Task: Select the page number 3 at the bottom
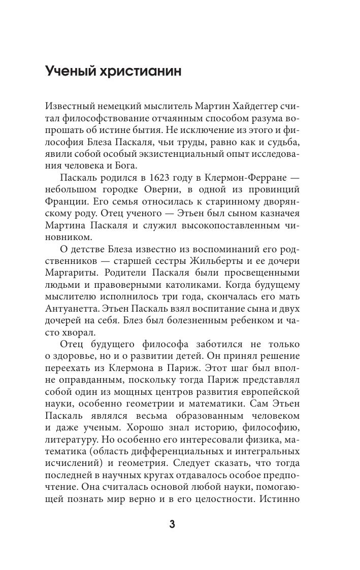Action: point(172,525)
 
